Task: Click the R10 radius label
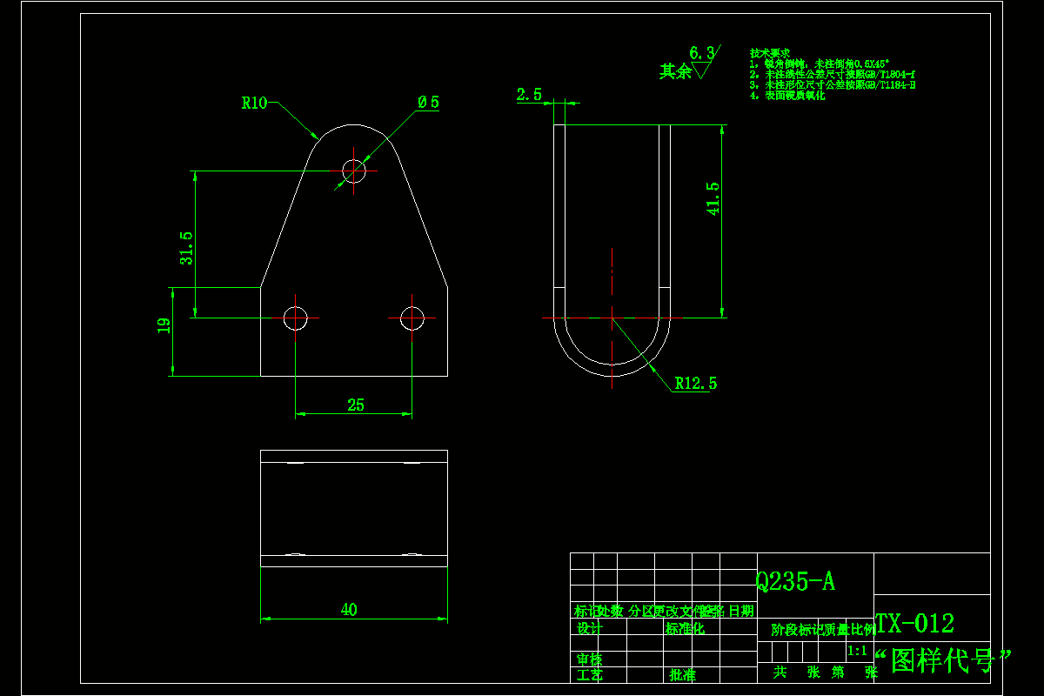tap(254, 104)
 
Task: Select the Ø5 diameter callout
tap(428, 103)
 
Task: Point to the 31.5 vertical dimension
tap(186, 247)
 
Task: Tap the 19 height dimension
tap(163, 326)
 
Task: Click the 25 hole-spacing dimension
tap(355, 405)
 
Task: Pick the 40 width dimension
tap(349, 610)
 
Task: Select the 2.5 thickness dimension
tap(529, 95)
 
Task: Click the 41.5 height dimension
tap(713, 198)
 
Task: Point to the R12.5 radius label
tap(696, 383)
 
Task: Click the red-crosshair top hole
tap(354, 171)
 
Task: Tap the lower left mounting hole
tap(296, 318)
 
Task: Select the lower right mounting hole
tap(412, 318)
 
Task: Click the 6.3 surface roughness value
tap(700, 53)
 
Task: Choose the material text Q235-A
tap(795, 582)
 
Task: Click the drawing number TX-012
tap(914, 624)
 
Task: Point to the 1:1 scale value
tap(856, 651)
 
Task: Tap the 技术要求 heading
tap(769, 53)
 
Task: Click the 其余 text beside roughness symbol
tap(674, 71)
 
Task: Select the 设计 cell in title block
tap(589, 628)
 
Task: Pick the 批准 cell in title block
tap(682, 674)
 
